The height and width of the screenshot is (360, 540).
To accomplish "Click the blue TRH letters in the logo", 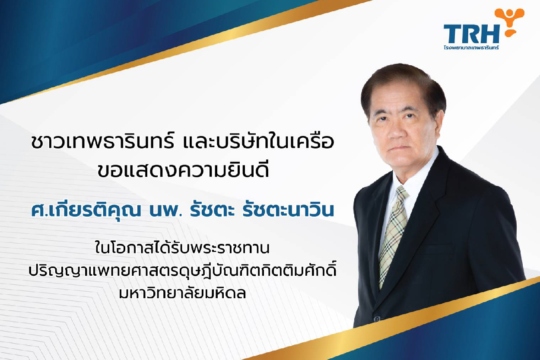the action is [471, 34].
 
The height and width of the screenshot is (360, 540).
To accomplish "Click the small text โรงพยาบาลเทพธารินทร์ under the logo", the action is [471, 48].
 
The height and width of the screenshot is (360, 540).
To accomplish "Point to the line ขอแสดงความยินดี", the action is [183, 170].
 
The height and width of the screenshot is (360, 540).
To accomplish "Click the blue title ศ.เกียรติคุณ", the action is [86, 210].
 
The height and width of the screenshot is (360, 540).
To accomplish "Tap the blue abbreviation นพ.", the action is [165, 210].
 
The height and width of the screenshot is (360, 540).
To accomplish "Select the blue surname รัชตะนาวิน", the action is [288, 210].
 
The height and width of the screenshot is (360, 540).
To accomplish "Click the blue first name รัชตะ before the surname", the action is [212, 210].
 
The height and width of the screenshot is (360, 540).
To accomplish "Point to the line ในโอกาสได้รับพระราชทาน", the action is [182, 248].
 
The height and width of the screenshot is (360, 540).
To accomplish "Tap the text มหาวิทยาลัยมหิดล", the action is [182, 293].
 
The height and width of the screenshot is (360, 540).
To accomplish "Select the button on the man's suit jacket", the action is [376, 319].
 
